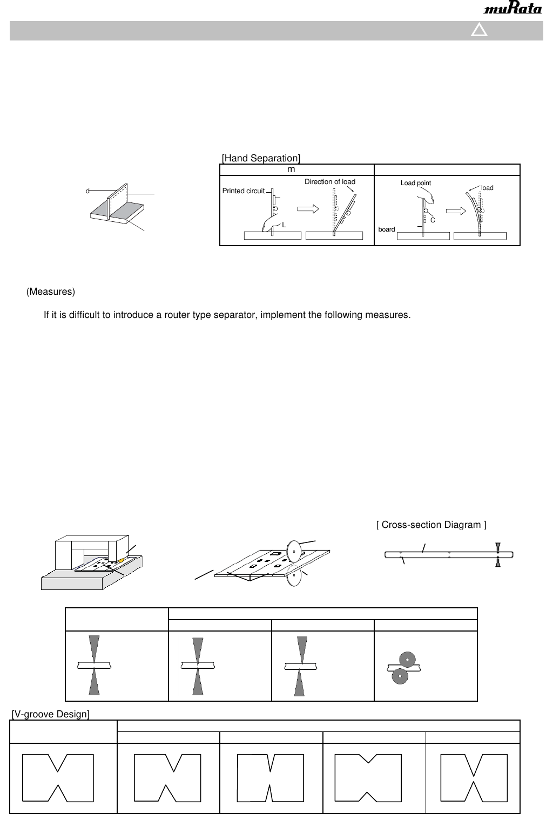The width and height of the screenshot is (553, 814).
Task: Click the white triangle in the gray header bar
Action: (x=479, y=30)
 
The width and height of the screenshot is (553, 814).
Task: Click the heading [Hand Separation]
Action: (x=261, y=158)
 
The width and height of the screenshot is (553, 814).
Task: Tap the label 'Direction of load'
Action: (x=330, y=182)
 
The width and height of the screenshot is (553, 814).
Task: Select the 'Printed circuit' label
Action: (x=244, y=191)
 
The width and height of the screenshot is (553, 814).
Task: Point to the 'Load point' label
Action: (x=416, y=183)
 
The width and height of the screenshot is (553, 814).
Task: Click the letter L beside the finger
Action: (x=284, y=225)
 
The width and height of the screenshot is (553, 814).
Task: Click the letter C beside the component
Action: (x=433, y=220)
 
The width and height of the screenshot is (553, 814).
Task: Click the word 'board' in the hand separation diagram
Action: (x=387, y=229)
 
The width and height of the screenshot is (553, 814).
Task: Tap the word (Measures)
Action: (x=51, y=291)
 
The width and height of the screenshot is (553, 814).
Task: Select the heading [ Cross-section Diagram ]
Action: (x=431, y=525)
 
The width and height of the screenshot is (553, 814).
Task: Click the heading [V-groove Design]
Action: (x=51, y=715)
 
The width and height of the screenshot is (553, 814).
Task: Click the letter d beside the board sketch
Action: (x=87, y=191)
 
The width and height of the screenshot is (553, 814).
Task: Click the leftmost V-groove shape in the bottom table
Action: (x=58, y=777)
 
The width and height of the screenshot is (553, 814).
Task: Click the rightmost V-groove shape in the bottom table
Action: (x=474, y=777)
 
